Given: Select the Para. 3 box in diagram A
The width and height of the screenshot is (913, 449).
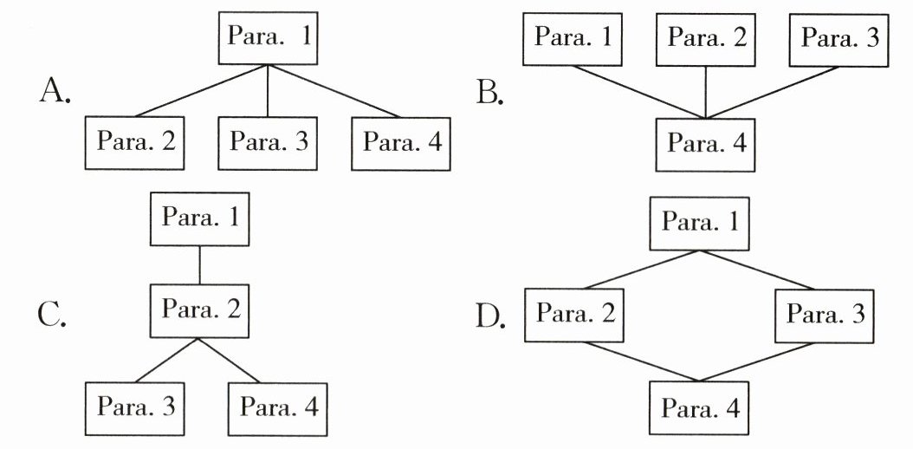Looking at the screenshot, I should pyautogui.click(x=267, y=143).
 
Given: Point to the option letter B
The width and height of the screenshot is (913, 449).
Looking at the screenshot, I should pyautogui.click(x=490, y=91).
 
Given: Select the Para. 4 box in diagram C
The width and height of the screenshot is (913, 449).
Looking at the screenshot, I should pyautogui.click(x=277, y=407).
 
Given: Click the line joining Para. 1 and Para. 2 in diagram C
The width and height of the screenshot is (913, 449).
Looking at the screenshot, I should pyautogui.click(x=200, y=266).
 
